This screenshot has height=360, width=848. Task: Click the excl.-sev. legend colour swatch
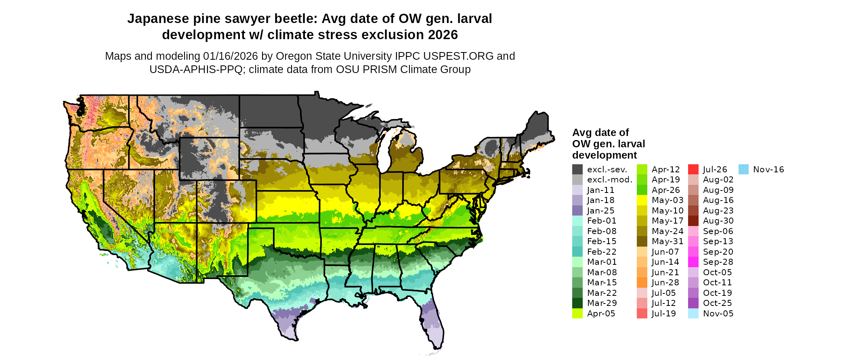[577, 170]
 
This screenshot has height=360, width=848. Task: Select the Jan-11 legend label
[600, 190]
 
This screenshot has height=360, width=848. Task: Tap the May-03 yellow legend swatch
[642, 200]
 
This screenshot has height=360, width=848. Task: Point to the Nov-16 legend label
[768, 170]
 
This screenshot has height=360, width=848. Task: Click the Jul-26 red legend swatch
[693, 170]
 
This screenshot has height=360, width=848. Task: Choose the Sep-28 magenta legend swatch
[693, 262]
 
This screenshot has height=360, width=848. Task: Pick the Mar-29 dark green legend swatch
[577, 303]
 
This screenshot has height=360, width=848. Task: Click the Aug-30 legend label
[718, 221]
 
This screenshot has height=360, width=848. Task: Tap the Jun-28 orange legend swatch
[642, 283]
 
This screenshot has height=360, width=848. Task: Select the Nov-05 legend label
[718, 314]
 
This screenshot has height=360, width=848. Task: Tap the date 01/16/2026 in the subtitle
[230, 56]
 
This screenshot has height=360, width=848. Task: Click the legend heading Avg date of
[600, 132]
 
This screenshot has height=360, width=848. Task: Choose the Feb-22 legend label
[602, 252]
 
